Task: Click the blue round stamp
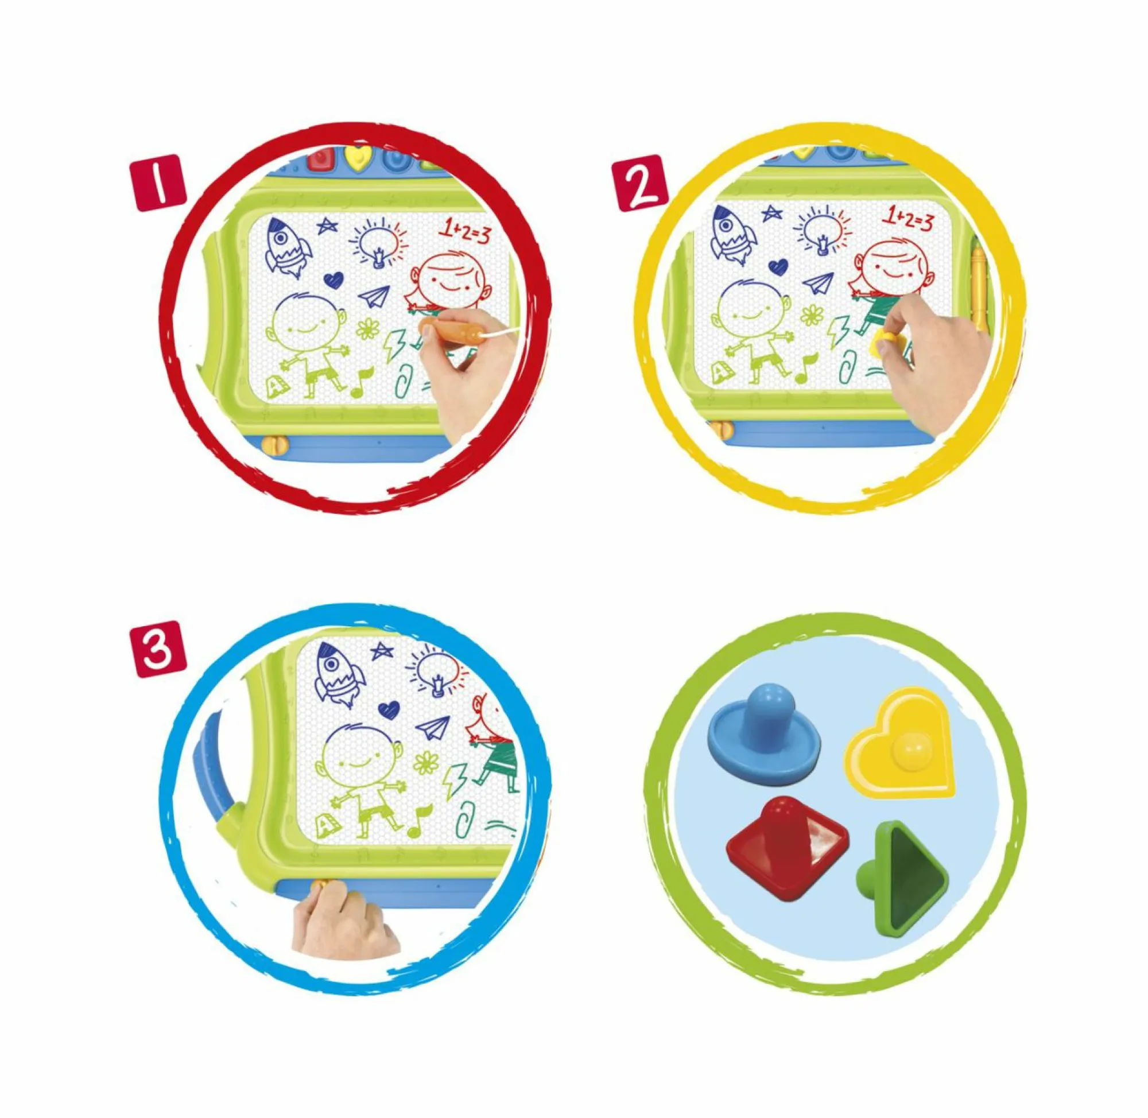click(765, 731)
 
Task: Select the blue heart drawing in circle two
click(778, 267)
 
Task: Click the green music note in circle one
click(362, 382)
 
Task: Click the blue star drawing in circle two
click(771, 213)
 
